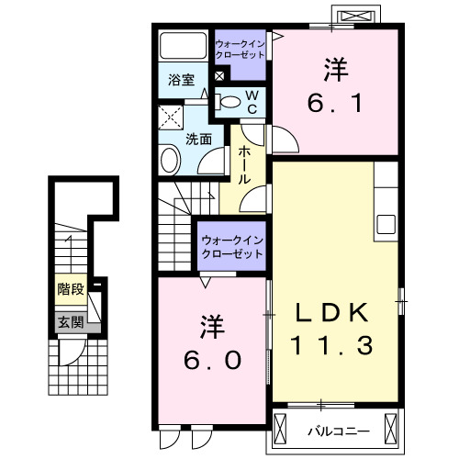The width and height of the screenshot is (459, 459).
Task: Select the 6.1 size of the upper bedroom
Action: point(333,102)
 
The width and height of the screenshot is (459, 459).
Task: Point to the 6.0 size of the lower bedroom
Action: point(210,360)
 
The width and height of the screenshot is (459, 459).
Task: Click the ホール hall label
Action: point(246,165)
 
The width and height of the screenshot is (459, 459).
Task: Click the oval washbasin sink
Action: point(170,161)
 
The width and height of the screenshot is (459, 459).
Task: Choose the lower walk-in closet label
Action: point(232,247)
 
